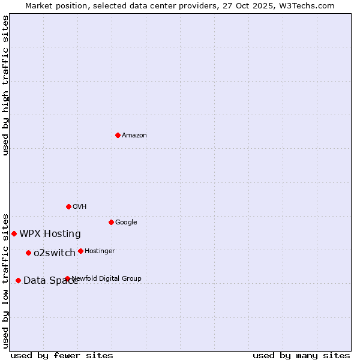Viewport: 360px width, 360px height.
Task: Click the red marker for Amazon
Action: [118, 135]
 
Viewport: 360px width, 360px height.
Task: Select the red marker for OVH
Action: [68, 206]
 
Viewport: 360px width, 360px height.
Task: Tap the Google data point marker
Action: [111, 222]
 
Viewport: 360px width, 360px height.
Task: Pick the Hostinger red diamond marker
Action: [80, 251]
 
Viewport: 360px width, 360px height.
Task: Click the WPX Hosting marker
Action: [14, 233]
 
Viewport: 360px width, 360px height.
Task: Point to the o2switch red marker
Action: [28, 253]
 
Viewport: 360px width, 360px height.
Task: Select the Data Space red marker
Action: [18, 280]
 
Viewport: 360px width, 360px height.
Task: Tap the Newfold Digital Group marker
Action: [67, 278]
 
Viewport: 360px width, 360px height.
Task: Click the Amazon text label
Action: [134, 135]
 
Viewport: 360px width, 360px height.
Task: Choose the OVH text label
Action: [80, 206]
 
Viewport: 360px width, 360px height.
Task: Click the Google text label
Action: [126, 222]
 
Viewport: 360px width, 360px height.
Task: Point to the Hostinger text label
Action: [100, 251]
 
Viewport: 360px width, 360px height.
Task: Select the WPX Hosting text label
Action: [50, 233]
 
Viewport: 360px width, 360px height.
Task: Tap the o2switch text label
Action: [55, 253]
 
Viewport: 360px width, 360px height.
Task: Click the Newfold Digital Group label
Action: [107, 278]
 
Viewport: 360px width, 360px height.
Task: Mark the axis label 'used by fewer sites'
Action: [62, 355]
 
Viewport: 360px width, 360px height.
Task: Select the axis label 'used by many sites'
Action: [301, 355]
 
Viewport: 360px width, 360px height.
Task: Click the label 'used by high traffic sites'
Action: [5, 85]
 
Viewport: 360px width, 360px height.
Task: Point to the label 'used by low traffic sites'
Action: [5, 280]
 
